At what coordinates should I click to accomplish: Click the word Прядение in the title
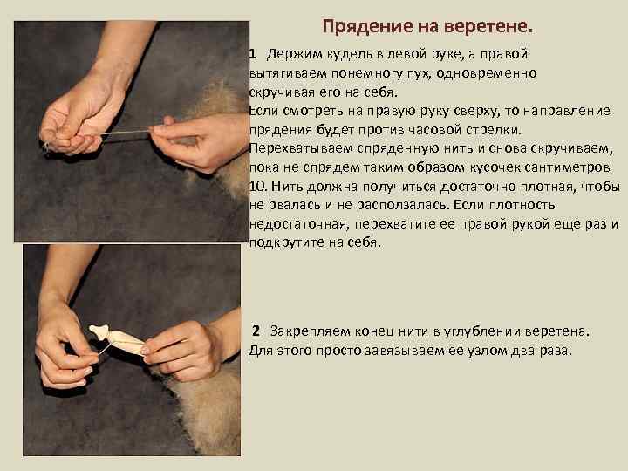coord(367,27)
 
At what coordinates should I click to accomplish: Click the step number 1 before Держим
coord(252,54)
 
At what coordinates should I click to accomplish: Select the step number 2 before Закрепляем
coord(256,331)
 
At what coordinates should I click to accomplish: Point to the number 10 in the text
coord(257,187)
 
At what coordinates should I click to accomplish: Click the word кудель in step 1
coord(351,55)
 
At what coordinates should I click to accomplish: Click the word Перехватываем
coord(301,149)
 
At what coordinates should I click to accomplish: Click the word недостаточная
coord(298,224)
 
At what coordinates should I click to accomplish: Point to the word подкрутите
coord(286,242)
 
